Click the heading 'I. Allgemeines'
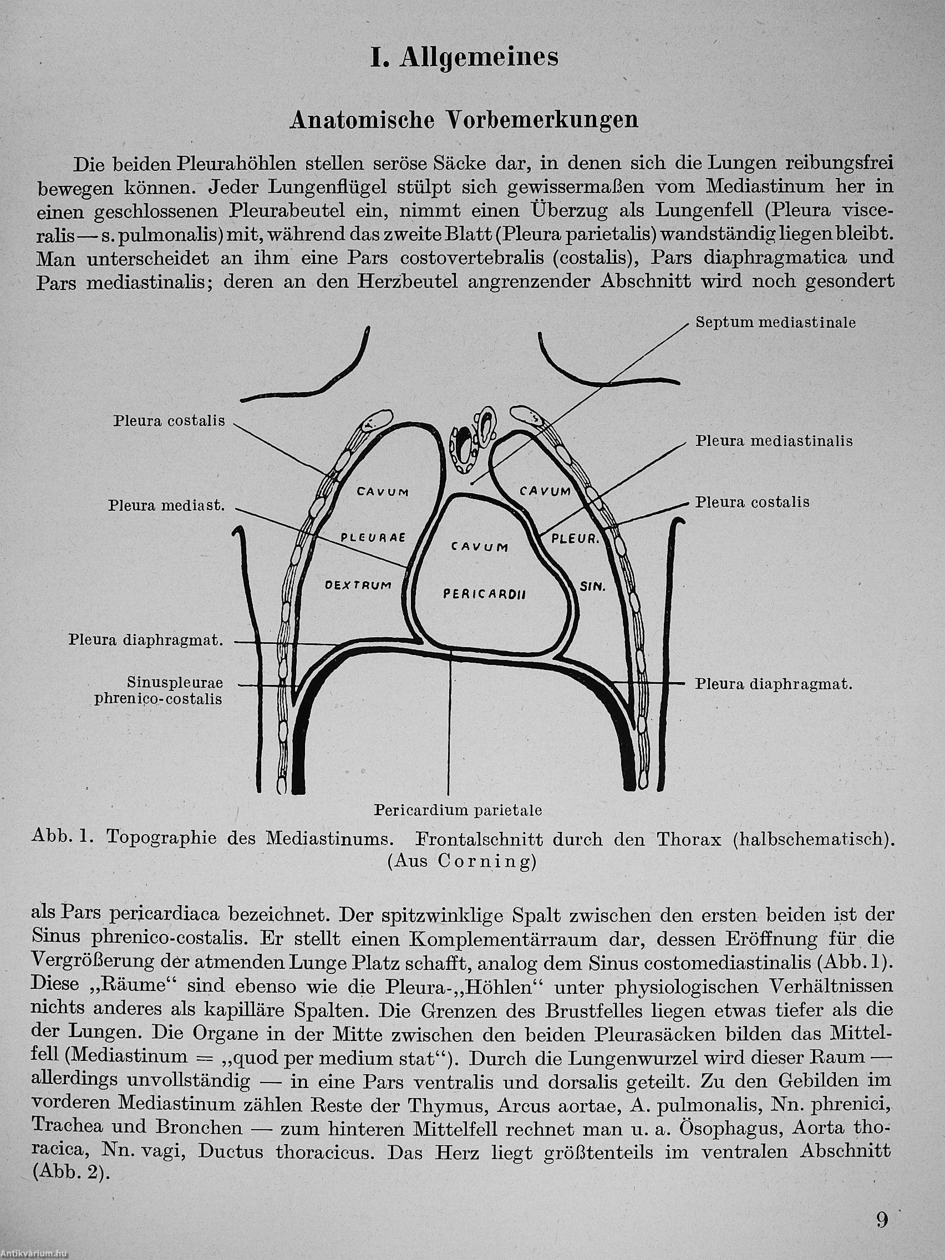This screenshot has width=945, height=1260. click(464, 59)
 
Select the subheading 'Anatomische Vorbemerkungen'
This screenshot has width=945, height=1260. click(464, 120)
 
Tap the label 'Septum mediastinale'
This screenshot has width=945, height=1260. click(775, 322)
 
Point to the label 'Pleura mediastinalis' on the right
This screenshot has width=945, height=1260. click(774, 441)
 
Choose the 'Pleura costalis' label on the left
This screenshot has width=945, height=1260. click(169, 421)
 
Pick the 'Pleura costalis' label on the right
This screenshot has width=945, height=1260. click(752, 502)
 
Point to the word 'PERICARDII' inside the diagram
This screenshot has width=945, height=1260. click(484, 595)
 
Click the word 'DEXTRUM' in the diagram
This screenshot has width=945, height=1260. click(357, 585)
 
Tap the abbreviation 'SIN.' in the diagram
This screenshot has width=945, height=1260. click(592, 586)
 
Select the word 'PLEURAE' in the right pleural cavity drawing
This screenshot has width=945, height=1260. click(373, 537)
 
